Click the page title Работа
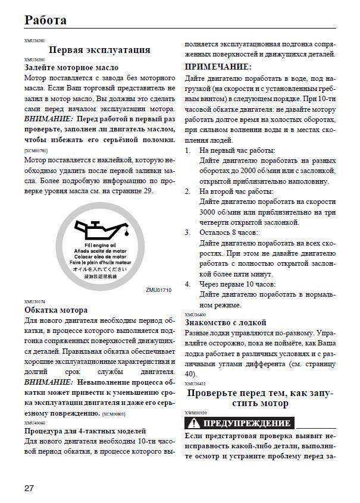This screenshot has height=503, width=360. pyautogui.click(x=45, y=20)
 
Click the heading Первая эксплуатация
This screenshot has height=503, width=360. pyautogui.click(x=99, y=50)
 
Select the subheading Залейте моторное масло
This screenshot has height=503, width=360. pyautogui.click(x=71, y=68)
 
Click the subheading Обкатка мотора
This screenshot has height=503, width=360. pyautogui.click(x=56, y=310)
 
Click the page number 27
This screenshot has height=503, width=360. pyautogui.click(x=29, y=488)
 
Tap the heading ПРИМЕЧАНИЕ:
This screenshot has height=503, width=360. pyautogui.click(x=218, y=67)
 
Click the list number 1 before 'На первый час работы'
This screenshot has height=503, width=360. pyautogui.click(x=188, y=150)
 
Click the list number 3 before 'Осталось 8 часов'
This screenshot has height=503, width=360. pyautogui.click(x=188, y=232)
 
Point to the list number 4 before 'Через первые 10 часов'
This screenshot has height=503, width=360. pyautogui.click(x=188, y=284)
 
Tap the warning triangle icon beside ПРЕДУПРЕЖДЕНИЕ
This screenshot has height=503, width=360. pyautogui.click(x=194, y=424)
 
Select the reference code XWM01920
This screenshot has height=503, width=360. pyautogui.click(x=196, y=413)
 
